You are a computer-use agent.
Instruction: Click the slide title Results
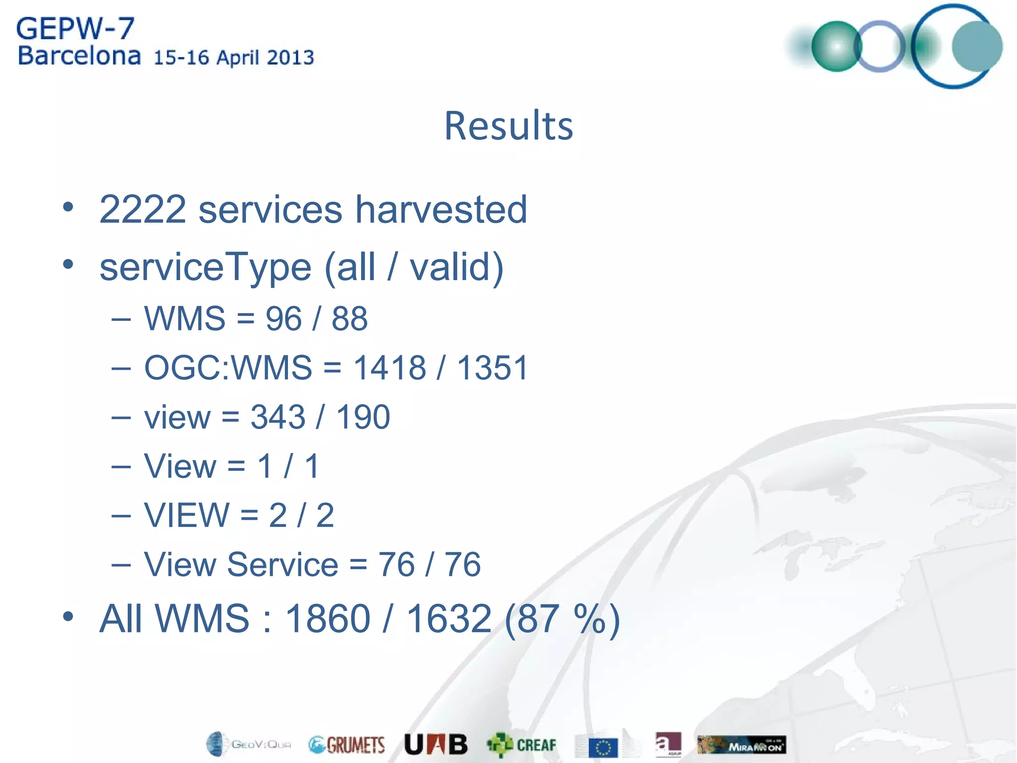tap(508, 126)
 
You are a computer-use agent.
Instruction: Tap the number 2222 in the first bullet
tap(143, 210)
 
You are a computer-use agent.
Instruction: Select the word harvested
tap(441, 210)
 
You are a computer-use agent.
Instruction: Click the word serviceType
tap(206, 267)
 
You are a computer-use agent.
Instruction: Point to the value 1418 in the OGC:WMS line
tap(389, 368)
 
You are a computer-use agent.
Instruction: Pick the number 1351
tap(492, 368)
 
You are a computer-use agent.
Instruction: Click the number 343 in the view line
tap(278, 417)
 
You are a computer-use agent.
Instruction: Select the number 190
tap(363, 417)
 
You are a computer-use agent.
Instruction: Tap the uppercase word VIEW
tap(187, 515)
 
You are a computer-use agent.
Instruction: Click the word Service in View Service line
tap(283, 564)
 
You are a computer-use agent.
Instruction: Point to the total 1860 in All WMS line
tap(328, 618)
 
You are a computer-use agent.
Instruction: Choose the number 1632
tap(449, 618)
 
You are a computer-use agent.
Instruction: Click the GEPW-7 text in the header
tap(75, 28)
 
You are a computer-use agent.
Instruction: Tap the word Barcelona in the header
tap(79, 56)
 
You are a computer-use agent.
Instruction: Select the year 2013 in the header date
tap(290, 58)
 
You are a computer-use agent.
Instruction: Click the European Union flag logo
tap(603, 747)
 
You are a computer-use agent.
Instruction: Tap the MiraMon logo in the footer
tap(741, 745)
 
